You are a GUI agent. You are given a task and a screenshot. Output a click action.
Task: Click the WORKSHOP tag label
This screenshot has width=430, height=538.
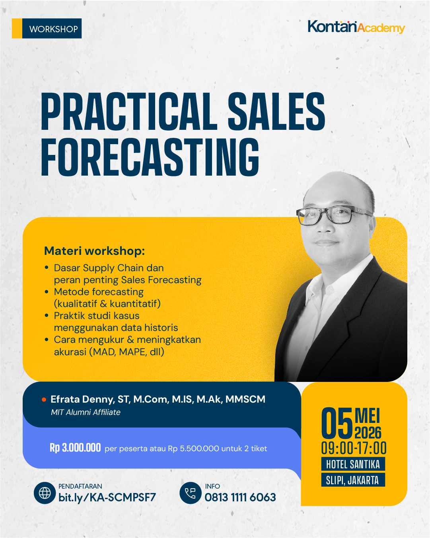pos(53,29)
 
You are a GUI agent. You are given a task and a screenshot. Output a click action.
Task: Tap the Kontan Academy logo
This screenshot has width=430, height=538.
pos(356,27)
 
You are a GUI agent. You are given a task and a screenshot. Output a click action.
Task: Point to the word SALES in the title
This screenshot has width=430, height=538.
pos(276,112)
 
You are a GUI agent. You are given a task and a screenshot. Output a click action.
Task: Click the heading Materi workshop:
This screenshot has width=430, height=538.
pos(94,251)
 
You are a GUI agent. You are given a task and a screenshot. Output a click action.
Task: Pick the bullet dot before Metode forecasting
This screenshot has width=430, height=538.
pos(47,292)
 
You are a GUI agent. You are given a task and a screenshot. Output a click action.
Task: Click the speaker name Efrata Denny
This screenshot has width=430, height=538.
pos(82,399)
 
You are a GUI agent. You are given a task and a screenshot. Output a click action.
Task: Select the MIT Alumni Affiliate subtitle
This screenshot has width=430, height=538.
pos(86,413)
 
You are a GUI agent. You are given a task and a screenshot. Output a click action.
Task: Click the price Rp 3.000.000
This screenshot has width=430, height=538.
pos(75,448)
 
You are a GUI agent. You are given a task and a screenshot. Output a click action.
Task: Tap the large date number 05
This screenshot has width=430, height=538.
pos(337,423)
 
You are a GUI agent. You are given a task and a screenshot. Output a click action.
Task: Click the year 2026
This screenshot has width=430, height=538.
pos(368,432)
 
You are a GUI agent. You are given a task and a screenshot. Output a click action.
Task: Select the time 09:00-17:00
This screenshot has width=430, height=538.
pos(354,448)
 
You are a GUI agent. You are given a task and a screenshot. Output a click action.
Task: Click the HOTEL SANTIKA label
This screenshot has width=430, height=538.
pos(353,464)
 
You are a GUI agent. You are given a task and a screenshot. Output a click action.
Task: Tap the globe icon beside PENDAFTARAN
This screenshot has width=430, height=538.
pos(45,493)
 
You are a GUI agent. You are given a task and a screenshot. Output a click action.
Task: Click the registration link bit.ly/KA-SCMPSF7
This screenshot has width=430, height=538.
pos(107,497)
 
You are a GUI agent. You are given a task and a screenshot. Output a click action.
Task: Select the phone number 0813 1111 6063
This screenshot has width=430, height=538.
pos(240,497)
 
